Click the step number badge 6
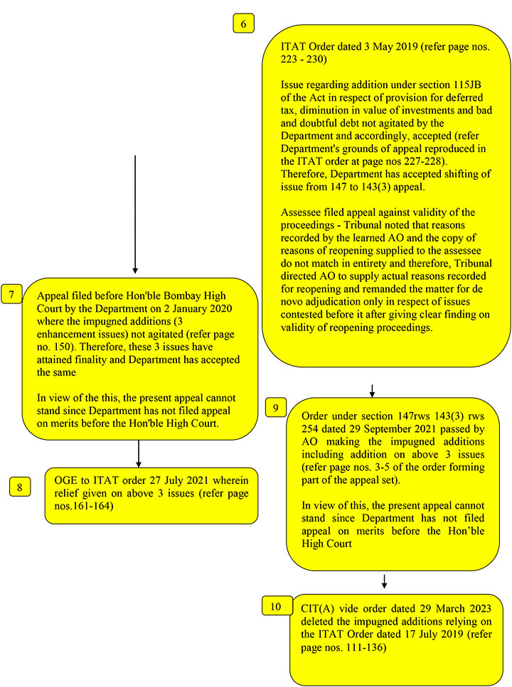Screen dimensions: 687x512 tap(244, 24)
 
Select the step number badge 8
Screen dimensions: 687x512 tap(20, 487)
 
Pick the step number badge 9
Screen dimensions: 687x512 tap(275, 407)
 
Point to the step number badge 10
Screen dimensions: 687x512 tap(275, 606)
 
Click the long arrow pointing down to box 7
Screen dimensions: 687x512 tap(135, 213)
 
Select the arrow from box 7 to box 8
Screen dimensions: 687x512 tap(139, 453)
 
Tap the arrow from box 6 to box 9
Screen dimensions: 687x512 tap(371, 390)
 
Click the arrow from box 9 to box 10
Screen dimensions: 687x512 tap(384, 580)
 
